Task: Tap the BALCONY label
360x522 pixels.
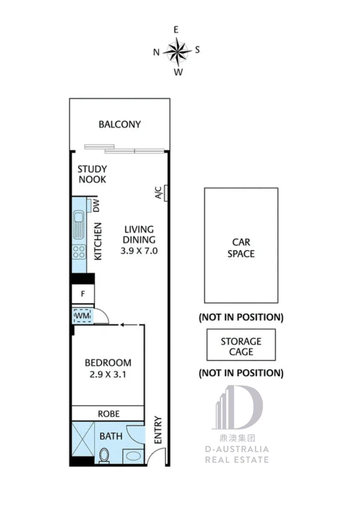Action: point(120,124)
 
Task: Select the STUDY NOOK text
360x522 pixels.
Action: point(92,174)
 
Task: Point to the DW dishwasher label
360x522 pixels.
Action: point(96,207)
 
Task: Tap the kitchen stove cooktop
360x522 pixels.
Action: point(79,251)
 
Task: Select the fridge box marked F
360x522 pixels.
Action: point(83,293)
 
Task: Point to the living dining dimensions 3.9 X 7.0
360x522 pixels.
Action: point(139,251)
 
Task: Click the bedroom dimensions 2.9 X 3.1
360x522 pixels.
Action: point(108,374)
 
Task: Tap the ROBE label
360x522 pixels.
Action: point(108,414)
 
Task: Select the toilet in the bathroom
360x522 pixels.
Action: point(103,455)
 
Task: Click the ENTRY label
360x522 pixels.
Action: point(157,430)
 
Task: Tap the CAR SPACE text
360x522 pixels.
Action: point(241,248)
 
